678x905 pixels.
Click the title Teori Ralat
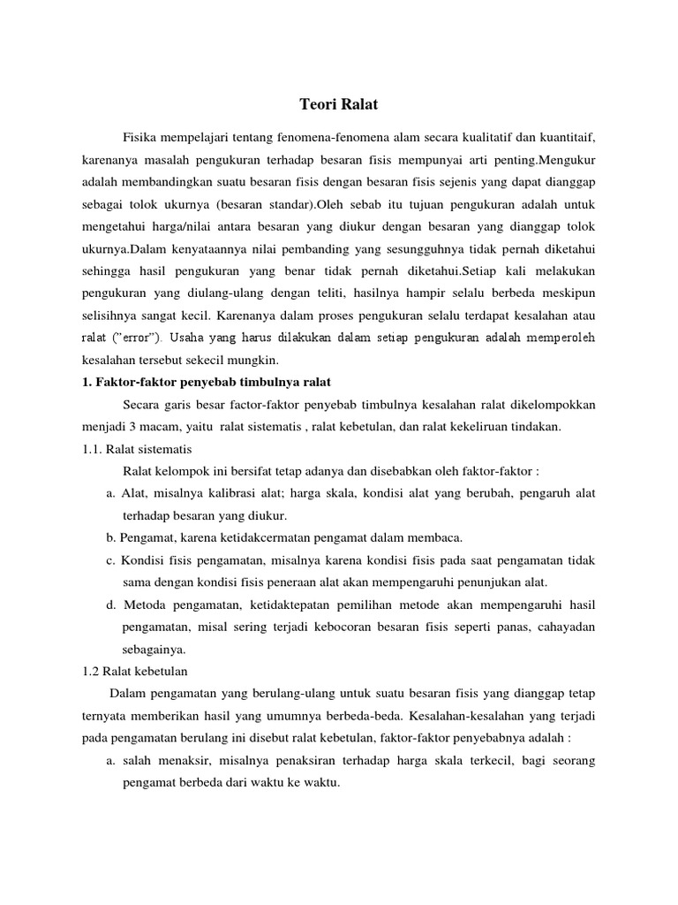click(338, 104)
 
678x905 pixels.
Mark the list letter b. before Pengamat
click(110, 537)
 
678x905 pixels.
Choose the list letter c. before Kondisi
click(110, 559)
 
